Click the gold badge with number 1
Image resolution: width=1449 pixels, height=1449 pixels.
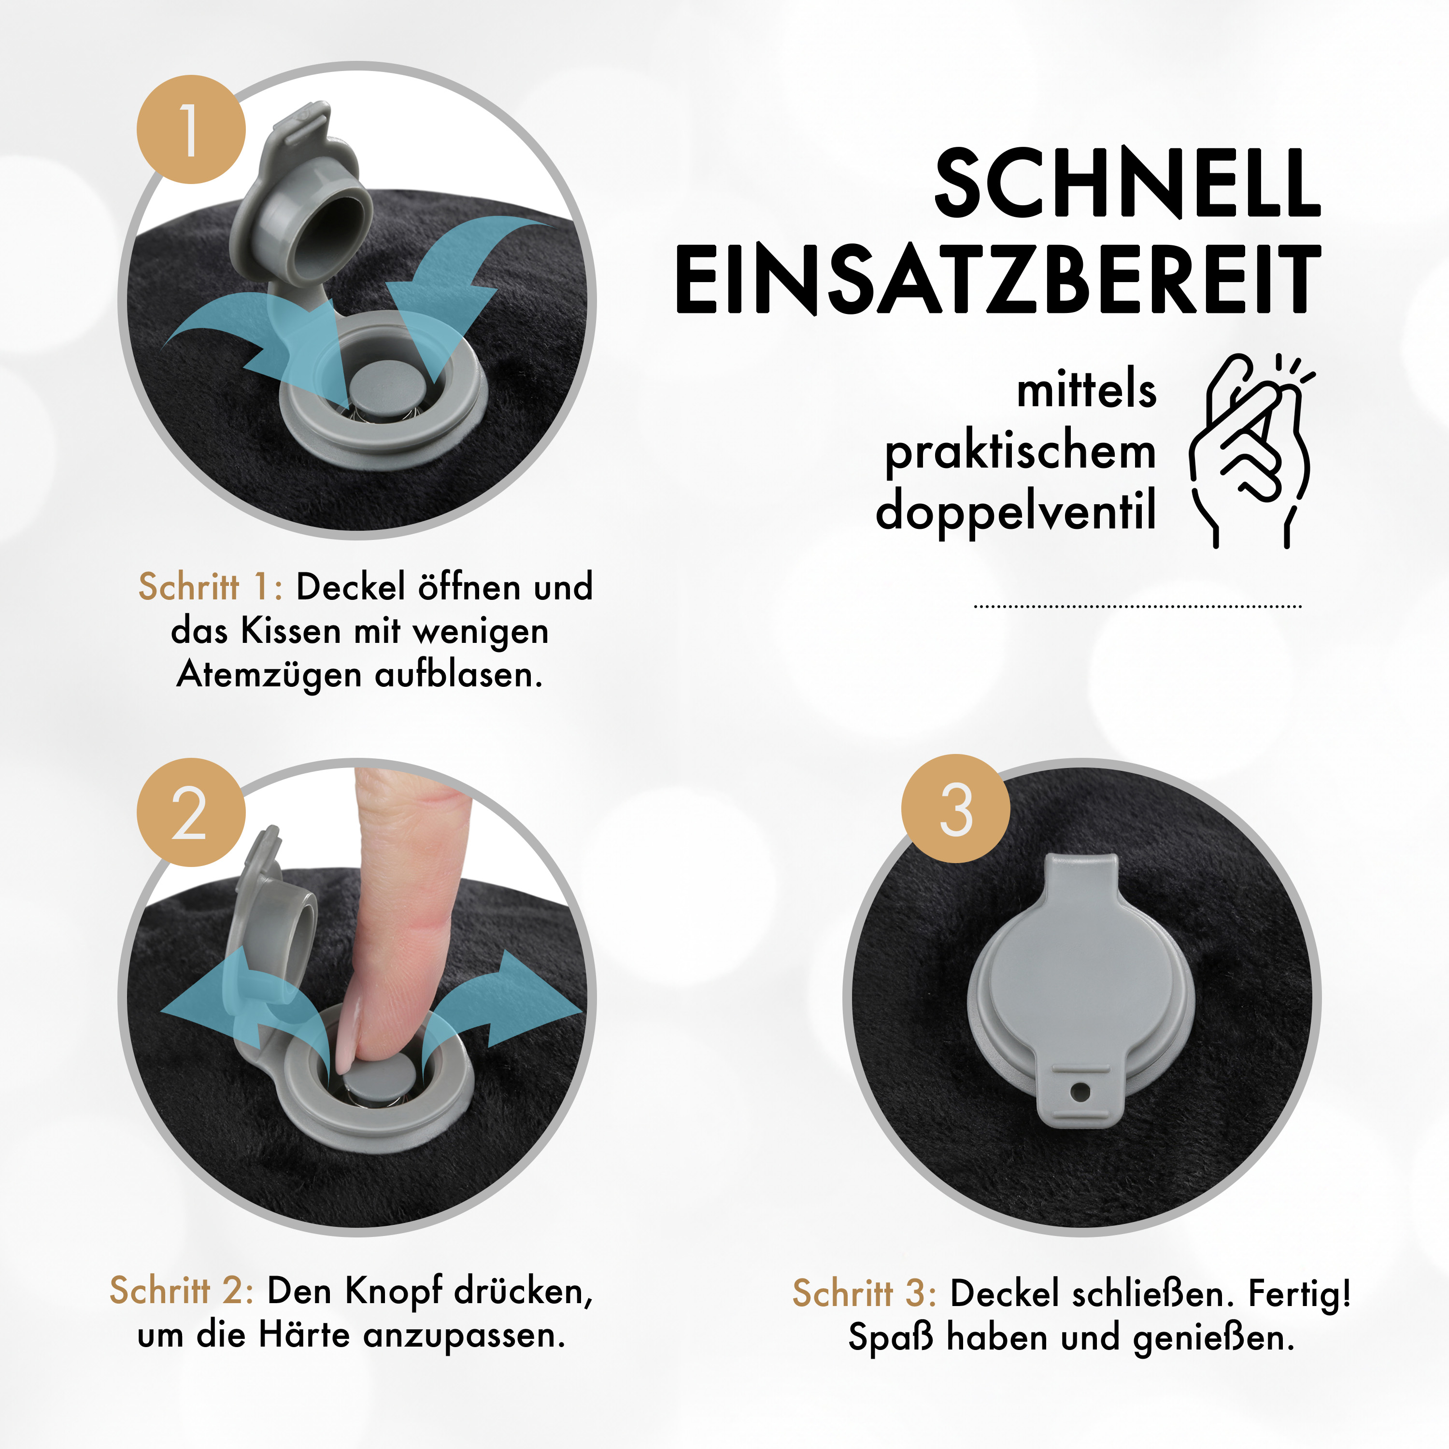tap(190, 129)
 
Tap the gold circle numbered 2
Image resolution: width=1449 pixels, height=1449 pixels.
tap(190, 812)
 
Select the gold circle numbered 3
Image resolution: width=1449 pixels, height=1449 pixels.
tap(955, 809)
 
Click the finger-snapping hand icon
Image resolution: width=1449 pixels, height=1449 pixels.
tap(1251, 450)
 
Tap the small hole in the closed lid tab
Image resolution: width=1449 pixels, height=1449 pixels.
tap(1080, 1091)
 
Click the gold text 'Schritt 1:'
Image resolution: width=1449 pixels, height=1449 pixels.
tap(211, 586)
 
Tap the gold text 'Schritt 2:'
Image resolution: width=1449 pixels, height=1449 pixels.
tap(182, 1291)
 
